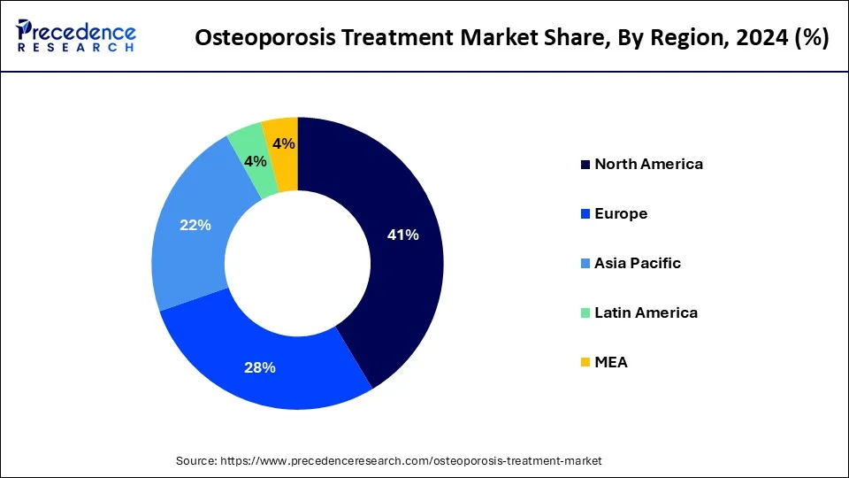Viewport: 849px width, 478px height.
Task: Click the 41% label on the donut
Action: click(x=402, y=235)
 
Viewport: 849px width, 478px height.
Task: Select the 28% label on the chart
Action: click(x=260, y=367)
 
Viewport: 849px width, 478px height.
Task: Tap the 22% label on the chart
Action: click(x=195, y=226)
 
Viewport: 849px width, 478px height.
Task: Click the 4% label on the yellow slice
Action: click(x=283, y=144)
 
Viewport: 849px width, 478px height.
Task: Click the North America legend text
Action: click(x=648, y=164)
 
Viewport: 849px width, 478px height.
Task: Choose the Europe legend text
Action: click(x=621, y=213)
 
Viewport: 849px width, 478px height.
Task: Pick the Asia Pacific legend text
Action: click(x=638, y=263)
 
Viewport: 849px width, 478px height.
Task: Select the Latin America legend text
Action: click(x=646, y=312)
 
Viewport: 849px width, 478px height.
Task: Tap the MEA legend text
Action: click(x=611, y=362)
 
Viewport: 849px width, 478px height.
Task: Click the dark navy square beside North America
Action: click(x=585, y=165)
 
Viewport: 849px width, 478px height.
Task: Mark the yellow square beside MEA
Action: click(x=585, y=363)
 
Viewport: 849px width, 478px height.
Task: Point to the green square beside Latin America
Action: click(x=585, y=313)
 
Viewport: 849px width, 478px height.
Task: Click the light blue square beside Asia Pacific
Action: click(x=585, y=264)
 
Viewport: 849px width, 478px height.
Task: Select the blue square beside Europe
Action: click(x=585, y=214)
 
